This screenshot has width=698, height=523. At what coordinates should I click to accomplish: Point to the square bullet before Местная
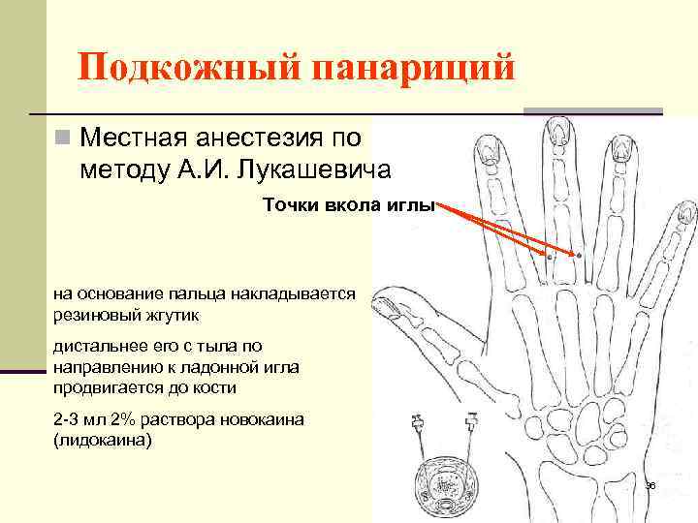pyautogui.click(x=63, y=138)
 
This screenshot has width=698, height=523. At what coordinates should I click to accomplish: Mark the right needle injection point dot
pyautogui.click(x=580, y=254)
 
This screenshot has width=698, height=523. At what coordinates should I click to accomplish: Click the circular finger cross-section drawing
pyautogui.click(x=447, y=485)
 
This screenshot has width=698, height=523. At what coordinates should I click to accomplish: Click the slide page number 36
pyautogui.click(x=650, y=484)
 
